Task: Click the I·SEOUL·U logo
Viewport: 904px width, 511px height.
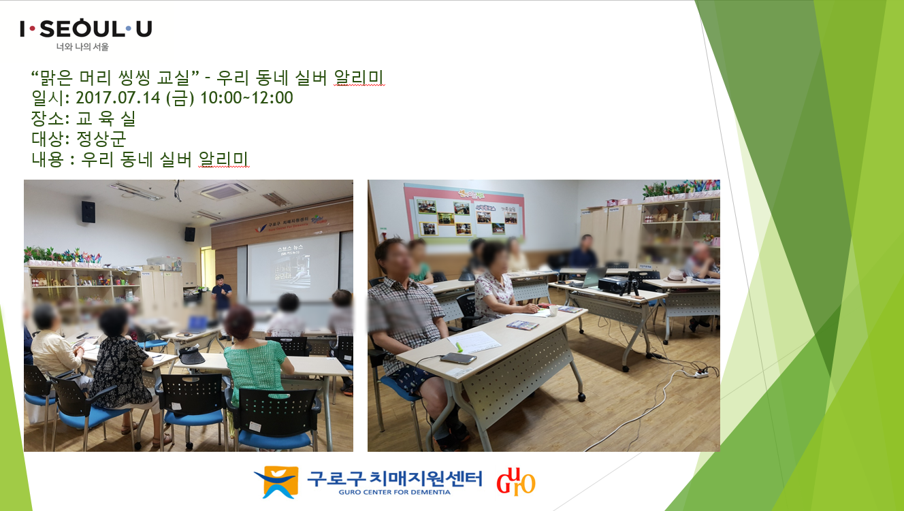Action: tap(86, 29)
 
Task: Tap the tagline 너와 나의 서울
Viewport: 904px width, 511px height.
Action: tap(82, 48)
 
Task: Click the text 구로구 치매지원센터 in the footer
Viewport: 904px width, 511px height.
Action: tap(394, 478)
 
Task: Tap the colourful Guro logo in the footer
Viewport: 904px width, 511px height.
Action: tap(515, 481)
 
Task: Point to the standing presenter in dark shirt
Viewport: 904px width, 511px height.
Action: tap(221, 296)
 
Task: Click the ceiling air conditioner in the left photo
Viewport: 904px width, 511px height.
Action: tap(224, 191)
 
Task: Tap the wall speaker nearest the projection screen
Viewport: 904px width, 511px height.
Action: tap(190, 234)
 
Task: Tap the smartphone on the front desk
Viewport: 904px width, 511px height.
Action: tap(453, 358)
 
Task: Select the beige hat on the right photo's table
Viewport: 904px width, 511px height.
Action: tap(675, 276)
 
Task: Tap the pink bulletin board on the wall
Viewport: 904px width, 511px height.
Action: tap(464, 212)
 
